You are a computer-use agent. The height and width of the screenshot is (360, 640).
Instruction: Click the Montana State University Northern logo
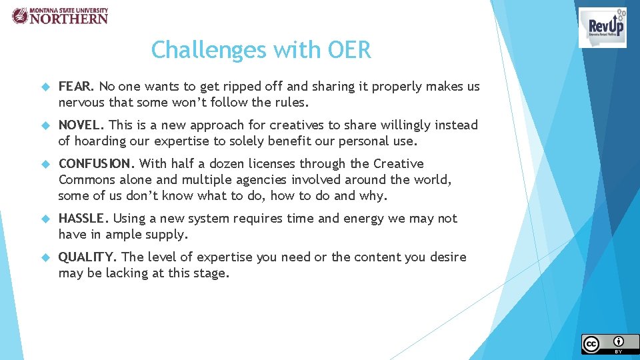(x=60, y=16)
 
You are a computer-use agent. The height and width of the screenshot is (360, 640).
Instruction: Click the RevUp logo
(x=602, y=27)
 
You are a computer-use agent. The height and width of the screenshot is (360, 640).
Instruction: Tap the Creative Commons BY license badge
(x=609, y=343)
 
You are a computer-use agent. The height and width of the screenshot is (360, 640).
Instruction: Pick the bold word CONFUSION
(x=97, y=164)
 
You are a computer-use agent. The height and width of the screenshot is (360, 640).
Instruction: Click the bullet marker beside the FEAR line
(x=46, y=87)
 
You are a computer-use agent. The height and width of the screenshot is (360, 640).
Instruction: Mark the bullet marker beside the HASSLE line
(x=46, y=219)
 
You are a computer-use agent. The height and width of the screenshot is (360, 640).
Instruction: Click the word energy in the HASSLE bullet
(x=365, y=219)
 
